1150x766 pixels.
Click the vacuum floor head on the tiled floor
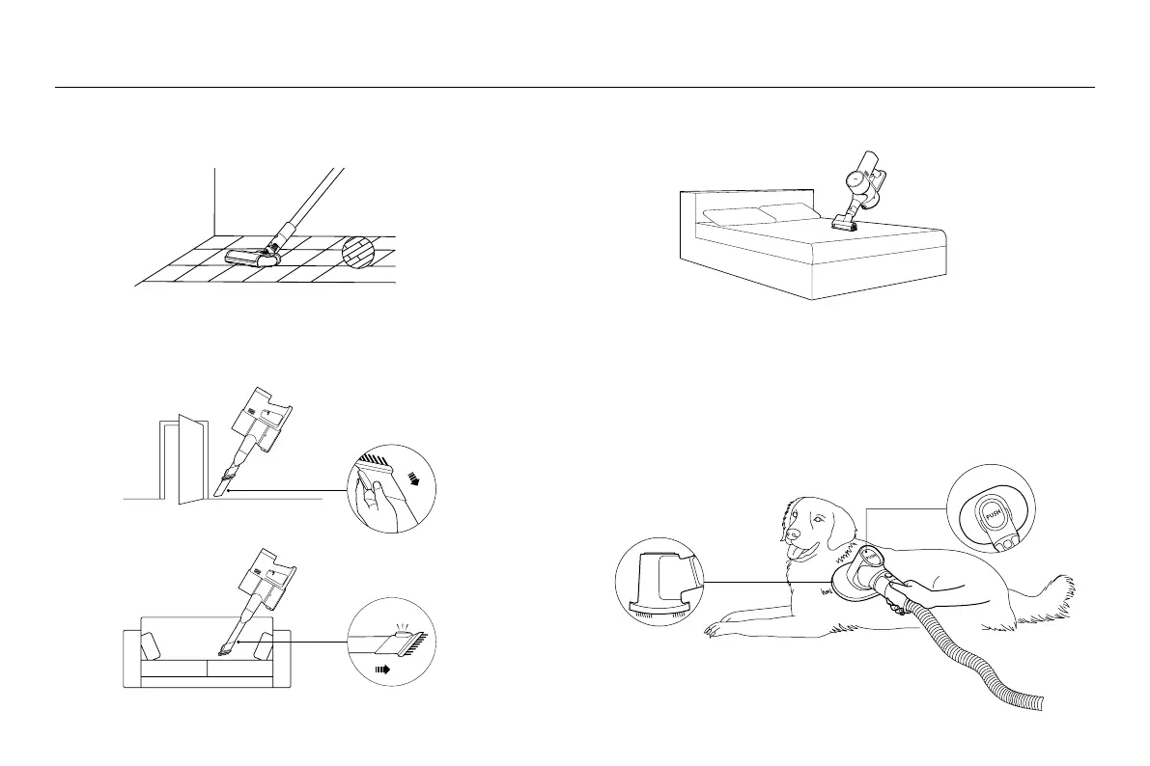point(253,257)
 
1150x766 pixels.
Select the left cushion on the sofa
point(152,647)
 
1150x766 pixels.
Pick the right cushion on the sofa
point(261,647)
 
